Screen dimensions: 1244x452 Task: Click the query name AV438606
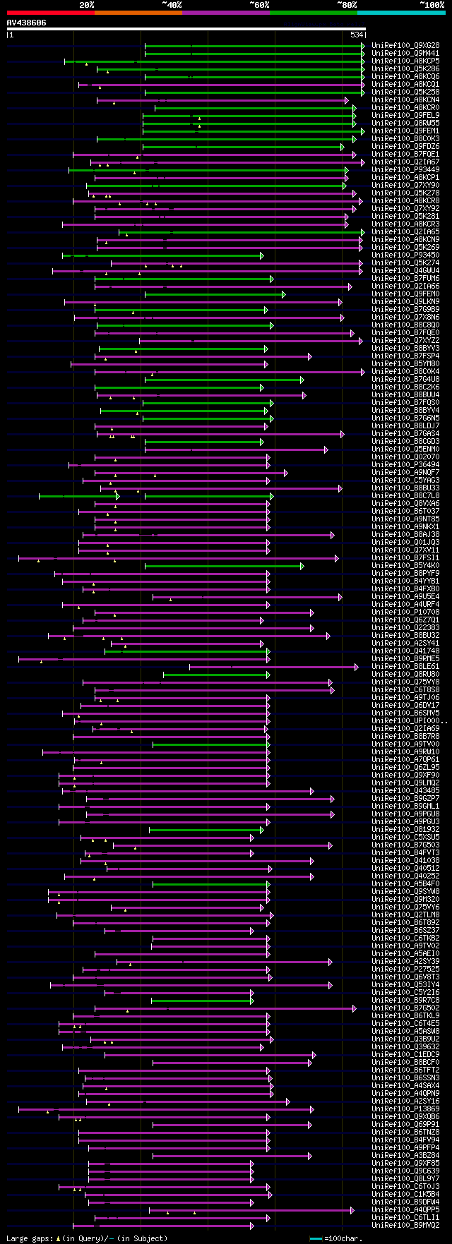[x=27, y=23]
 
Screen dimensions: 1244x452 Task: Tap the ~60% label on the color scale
[x=259, y=4]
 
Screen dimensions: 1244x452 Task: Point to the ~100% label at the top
[x=432, y=4]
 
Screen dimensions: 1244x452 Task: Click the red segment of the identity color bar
[x=50, y=13]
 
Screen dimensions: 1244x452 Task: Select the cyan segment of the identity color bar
[x=401, y=13]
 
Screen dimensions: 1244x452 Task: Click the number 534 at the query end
[x=357, y=35]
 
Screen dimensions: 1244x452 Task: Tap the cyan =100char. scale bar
[x=316, y=1238]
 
